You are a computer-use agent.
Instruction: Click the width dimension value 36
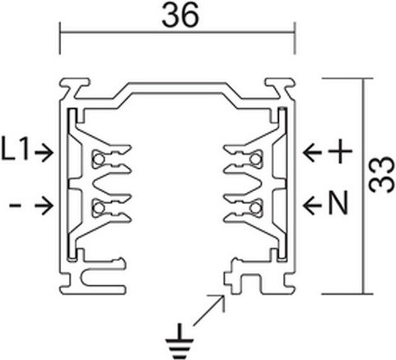[x=180, y=16]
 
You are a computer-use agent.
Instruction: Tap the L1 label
[x=15, y=150]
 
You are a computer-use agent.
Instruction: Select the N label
[x=338, y=203]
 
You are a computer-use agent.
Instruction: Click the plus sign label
[x=340, y=151]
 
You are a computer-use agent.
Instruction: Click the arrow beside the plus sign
[x=312, y=152]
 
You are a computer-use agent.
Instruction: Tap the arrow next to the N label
[x=312, y=204]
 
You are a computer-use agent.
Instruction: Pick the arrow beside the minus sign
[x=44, y=205]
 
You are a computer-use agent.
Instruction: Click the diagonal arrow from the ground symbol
[x=209, y=311]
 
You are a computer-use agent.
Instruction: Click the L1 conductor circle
[x=98, y=159]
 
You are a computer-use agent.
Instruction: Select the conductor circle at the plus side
[x=255, y=159]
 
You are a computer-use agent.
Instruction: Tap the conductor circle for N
[x=255, y=208]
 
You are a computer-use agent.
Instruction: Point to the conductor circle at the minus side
[x=98, y=208]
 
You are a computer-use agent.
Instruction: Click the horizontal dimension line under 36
[x=177, y=32]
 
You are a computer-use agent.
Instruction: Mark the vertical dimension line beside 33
[x=364, y=186]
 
